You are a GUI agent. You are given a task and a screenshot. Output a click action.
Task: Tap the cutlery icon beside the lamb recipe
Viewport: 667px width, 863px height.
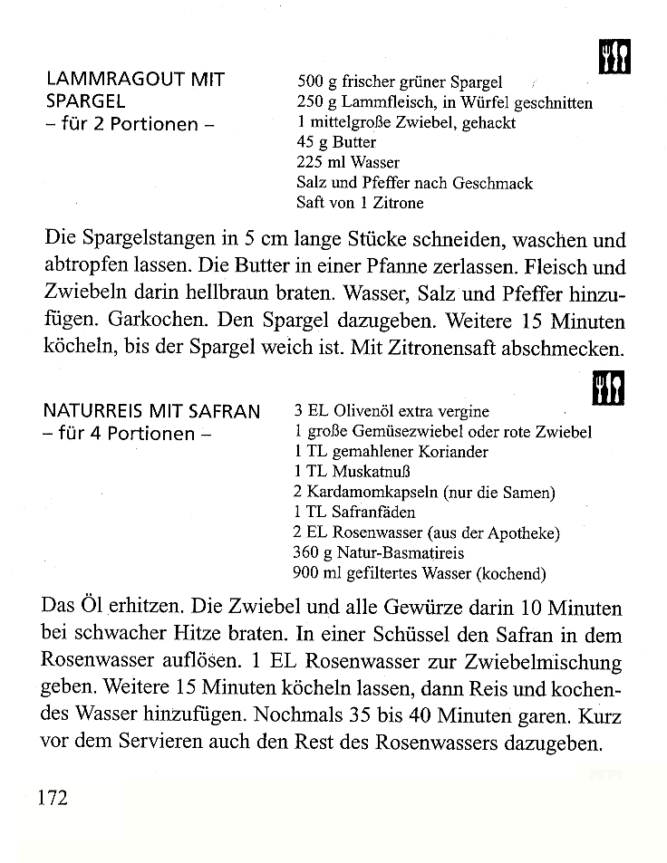614,57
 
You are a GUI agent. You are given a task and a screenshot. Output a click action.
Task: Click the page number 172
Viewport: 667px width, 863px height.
53,798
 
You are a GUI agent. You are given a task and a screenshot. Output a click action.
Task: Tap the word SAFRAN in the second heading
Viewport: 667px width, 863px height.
227,411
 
